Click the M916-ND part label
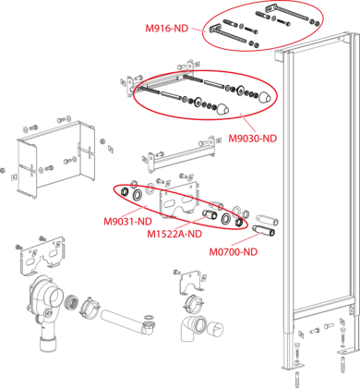point(166,29)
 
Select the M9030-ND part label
point(252,139)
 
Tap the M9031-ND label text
point(127,222)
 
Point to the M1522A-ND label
point(174,234)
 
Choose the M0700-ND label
point(234,252)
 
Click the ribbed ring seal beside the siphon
point(71,303)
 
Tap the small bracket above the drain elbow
point(191,281)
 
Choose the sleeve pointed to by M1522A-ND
point(210,214)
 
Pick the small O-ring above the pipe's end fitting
point(149,317)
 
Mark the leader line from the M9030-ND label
point(249,124)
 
